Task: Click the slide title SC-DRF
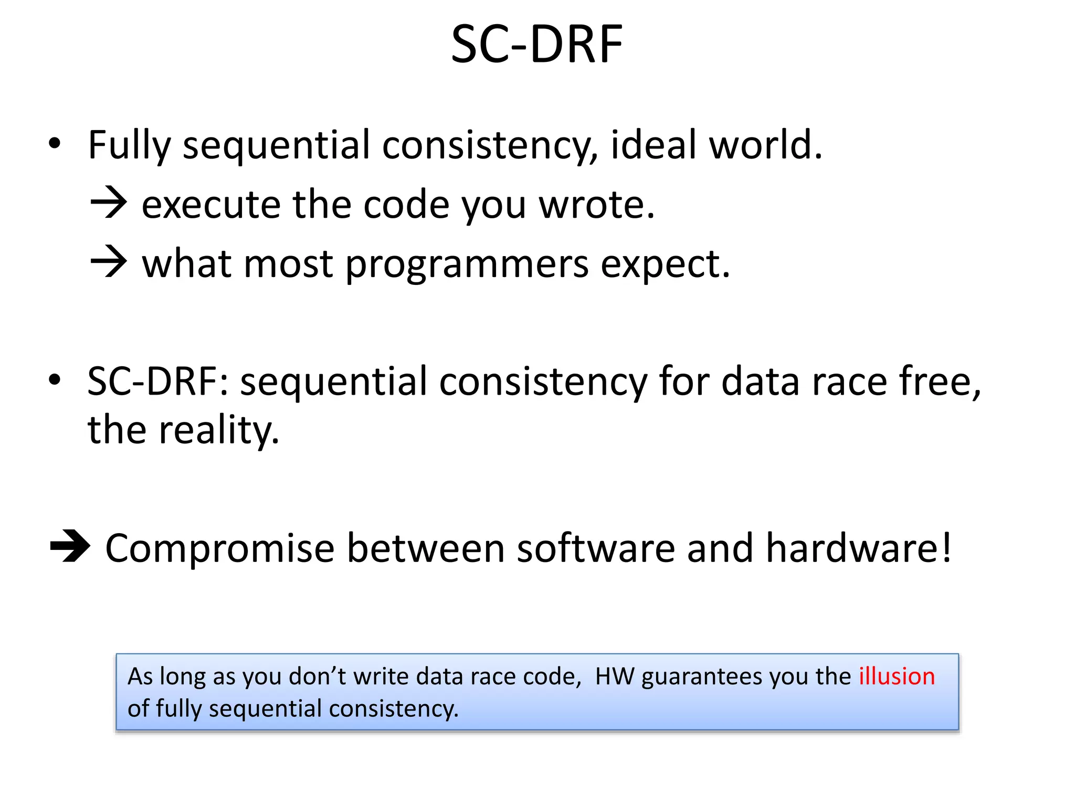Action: pyautogui.click(x=536, y=45)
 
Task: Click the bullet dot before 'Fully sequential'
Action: pyautogui.click(x=55, y=144)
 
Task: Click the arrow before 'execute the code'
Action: pyautogui.click(x=109, y=204)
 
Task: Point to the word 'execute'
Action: pyautogui.click(x=211, y=205)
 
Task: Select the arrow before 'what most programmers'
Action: pyautogui.click(x=109, y=262)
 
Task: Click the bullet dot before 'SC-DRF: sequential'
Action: pyautogui.click(x=55, y=380)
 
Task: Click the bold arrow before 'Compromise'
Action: pyautogui.click(x=70, y=547)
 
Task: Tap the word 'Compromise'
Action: pyautogui.click(x=219, y=549)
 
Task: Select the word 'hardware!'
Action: pyautogui.click(x=858, y=548)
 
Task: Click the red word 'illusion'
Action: pyautogui.click(x=897, y=676)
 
